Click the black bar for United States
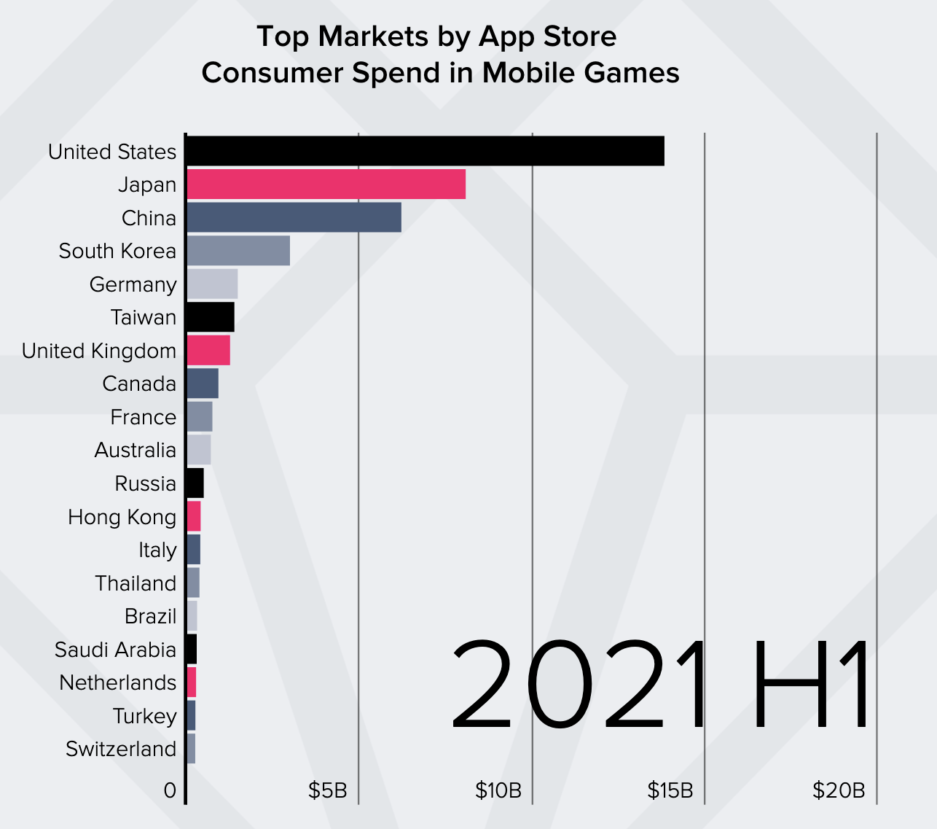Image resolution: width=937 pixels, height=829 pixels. pos(425,151)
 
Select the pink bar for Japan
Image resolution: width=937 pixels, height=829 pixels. pos(326,184)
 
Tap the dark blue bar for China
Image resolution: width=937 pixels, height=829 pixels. pos(294,217)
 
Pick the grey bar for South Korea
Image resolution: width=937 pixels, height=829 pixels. pos(238,251)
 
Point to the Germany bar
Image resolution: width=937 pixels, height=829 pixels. pos(212,284)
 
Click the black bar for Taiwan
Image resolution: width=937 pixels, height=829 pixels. pos(210,317)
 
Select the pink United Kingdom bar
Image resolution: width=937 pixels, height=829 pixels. pos(208,350)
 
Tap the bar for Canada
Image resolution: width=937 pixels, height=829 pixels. pos(203,384)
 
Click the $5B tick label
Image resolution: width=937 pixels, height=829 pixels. pos(327,790)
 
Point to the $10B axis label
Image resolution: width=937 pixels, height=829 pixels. pos(498,790)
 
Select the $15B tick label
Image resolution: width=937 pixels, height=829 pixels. pos(670,790)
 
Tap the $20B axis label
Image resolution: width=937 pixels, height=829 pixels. pos(839,790)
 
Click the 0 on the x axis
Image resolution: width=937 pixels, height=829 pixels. pos(170,790)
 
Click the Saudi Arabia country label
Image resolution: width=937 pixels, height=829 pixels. pos(115,650)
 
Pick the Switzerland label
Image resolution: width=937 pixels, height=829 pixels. pos(121,749)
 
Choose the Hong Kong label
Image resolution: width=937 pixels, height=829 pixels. pos(122,517)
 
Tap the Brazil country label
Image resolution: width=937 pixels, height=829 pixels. pos(150,616)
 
